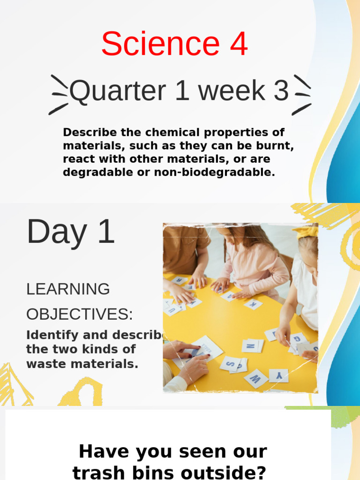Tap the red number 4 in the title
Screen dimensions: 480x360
pos(238,44)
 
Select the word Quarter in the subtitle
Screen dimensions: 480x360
pos(118,91)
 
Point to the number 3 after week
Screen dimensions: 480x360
pos(281,91)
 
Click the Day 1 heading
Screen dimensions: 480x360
pos(71,232)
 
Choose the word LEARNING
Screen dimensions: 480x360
pos(68,289)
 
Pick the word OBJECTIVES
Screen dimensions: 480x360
pos(79,315)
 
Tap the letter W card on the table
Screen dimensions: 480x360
pos(255,378)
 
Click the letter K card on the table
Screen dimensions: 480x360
pos(253,304)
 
